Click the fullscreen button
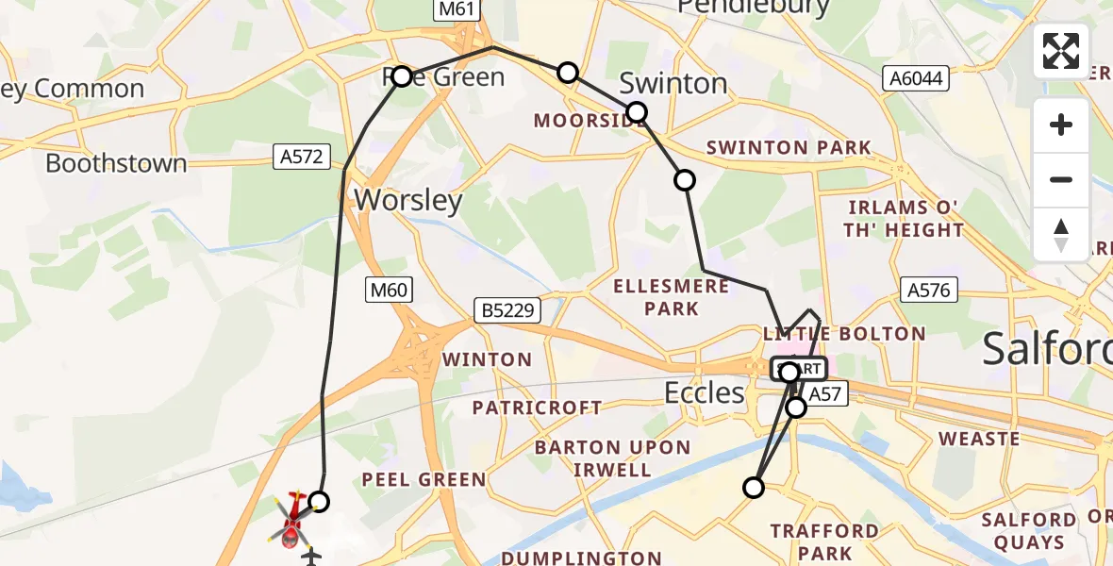pos(1061,51)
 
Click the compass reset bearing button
pos(1061,234)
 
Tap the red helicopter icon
pos(292,520)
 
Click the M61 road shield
pos(458,9)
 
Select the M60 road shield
pos(389,291)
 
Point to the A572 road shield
pos(302,157)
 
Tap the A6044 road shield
pos(915,79)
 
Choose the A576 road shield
pos(928,290)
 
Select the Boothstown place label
pos(116,163)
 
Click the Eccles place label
pos(704,391)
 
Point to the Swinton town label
pos(673,83)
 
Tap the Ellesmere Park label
pos(670,297)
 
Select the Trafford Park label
pos(823,541)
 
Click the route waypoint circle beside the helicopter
pos(319,501)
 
